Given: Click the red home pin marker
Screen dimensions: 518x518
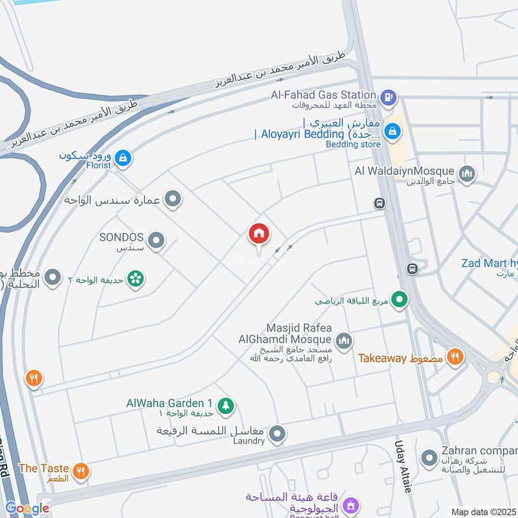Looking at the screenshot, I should pos(258,234).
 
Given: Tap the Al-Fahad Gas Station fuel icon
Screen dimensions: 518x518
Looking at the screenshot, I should pos(388,98).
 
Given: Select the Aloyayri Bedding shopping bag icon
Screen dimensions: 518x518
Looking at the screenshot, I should pos(392,133).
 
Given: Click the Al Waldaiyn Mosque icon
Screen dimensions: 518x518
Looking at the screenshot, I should pos(466,174).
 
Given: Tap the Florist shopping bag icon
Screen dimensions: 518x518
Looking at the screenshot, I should pos(123,157).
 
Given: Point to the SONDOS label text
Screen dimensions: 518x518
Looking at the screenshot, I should pos(121,238).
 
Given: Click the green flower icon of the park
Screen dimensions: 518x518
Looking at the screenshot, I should pos(136,279).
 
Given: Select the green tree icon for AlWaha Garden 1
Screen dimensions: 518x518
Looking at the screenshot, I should pos(226,405).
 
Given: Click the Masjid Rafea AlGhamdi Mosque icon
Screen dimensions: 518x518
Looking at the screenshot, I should pos(343,339).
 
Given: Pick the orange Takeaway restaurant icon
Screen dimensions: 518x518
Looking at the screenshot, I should pos(456,356).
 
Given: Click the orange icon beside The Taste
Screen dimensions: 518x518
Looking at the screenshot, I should pos(81,471).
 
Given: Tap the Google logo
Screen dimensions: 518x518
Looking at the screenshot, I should pos(27,509).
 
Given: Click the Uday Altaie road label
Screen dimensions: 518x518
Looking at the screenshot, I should pos(402,467).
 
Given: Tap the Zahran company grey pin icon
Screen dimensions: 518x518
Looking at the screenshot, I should pos(429,458).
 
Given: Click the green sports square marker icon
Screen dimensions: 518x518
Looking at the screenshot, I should pos(401,299).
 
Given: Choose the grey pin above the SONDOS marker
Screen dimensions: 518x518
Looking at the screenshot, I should pos(172,199).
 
